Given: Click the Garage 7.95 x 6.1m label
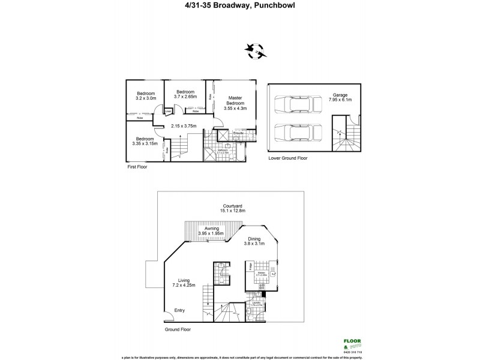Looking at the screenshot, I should pos(342,98).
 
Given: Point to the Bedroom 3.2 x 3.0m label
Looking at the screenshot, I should pos(146,96).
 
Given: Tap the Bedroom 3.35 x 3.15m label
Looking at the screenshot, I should pos(145,141).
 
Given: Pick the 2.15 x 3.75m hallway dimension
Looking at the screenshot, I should pos(184,126).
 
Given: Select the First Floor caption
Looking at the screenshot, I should pos(137,167).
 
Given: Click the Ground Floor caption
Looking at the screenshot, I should pos(178,330).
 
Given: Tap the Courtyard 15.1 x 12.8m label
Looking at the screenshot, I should pos(235,208).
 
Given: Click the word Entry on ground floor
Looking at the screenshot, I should pos(179,310).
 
